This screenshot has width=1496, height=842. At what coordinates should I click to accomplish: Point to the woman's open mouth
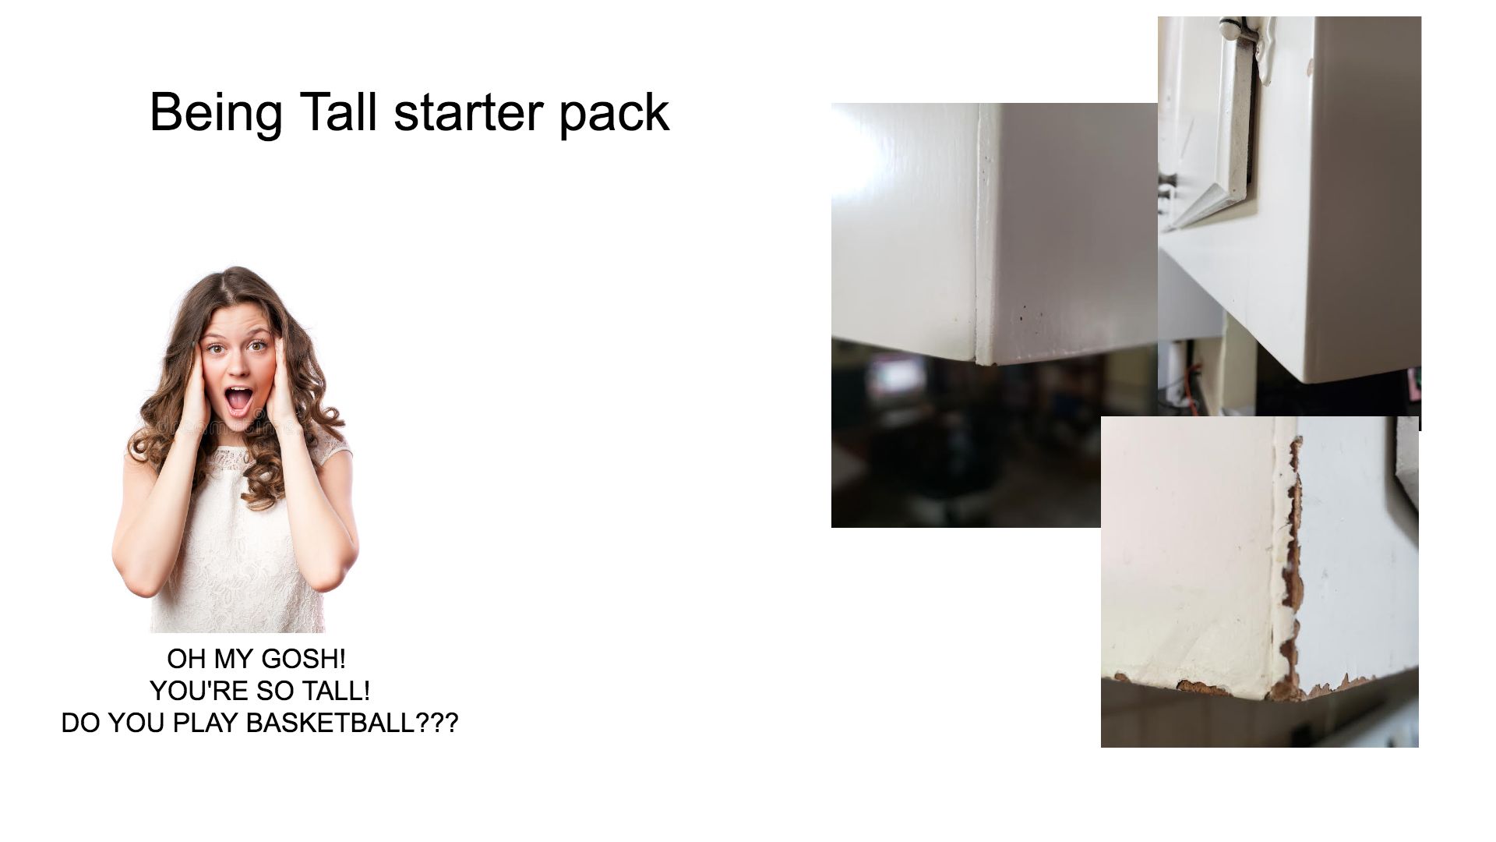pyautogui.click(x=238, y=399)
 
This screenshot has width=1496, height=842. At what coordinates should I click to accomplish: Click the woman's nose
pyautogui.click(x=237, y=368)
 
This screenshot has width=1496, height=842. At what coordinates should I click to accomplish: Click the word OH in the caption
pyautogui.click(x=186, y=659)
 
